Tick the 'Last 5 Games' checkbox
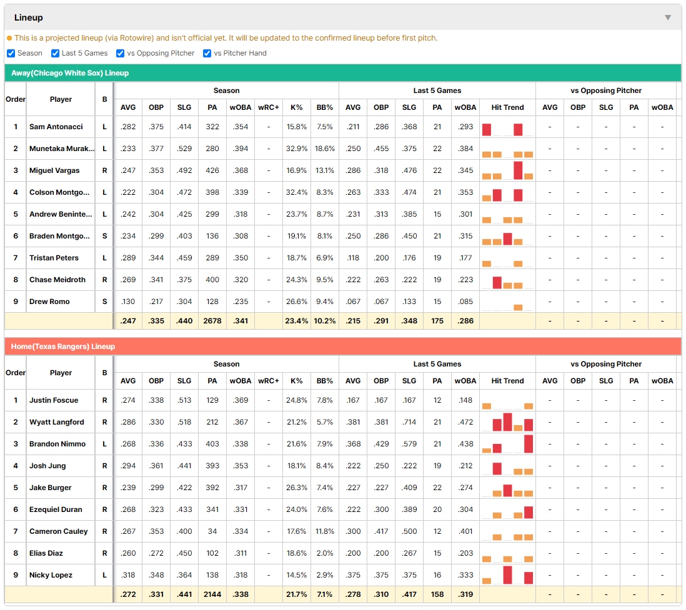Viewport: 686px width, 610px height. coord(55,53)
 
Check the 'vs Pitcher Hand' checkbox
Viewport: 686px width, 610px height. coord(207,53)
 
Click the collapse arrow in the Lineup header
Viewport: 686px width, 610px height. coord(668,17)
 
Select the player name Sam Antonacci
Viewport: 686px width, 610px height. coord(56,127)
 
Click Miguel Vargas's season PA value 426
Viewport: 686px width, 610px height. coord(212,170)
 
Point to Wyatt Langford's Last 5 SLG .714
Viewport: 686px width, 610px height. coord(409,422)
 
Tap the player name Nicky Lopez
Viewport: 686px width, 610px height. coord(51,575)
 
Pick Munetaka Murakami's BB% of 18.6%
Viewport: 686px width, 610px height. coord(325,149)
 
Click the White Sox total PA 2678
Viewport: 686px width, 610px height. coord(212,321)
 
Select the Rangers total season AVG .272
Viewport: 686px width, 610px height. coord(128,594)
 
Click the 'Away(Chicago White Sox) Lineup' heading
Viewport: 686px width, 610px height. coord(70,73)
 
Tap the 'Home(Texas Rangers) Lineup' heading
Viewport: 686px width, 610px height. coord(63,347)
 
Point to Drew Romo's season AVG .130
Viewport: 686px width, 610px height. coord(128,302)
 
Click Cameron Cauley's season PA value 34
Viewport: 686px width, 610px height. coord(212,531)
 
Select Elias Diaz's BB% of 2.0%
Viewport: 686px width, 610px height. coord(325,553)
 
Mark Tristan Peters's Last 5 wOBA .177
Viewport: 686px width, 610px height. coord(465,258)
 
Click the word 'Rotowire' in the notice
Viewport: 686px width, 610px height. coord(136,38)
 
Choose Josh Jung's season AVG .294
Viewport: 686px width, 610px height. coord(128,466)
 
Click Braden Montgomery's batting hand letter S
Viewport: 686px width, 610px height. coord(104,236)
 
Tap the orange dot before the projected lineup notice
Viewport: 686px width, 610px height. coord(9,38)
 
